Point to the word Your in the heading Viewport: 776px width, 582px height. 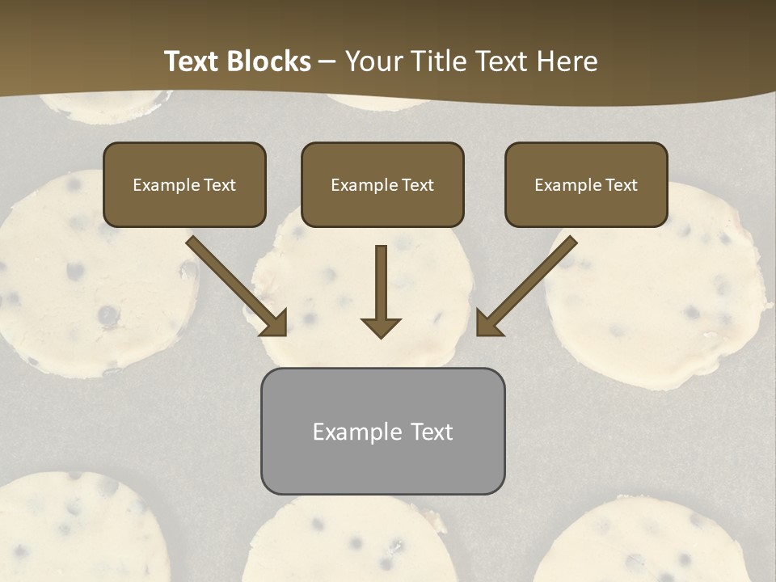point(373,61)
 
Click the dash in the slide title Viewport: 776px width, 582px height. point(327,62)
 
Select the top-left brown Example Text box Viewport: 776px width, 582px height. point(184,184)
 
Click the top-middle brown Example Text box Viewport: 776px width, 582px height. point(382,184)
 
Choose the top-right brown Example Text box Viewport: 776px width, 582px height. point(586,184)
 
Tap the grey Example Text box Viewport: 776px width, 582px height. point(382,431)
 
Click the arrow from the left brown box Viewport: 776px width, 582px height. point(234,283)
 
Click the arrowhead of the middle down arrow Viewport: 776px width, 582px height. point(381,327)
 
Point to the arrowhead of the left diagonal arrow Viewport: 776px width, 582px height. point(275,323)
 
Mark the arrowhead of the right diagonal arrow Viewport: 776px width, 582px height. point(488,323)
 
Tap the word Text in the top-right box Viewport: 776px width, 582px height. point(622,185)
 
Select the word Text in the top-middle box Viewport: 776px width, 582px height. point(418,185)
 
